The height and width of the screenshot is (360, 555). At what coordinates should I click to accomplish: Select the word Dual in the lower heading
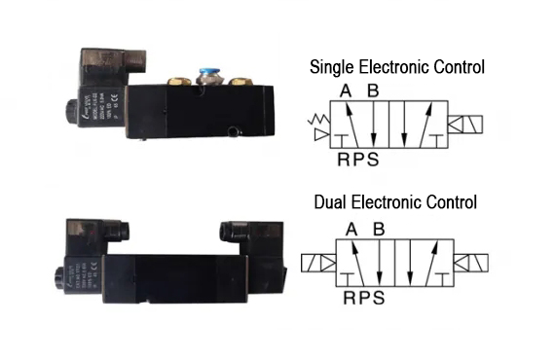click(x=331, y=203)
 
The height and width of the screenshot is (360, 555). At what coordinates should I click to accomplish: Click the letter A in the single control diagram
click(x=345, y=91)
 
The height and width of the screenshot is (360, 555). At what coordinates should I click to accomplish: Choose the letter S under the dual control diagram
click(x=377, y=298)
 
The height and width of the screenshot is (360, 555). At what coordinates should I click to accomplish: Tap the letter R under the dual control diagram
click(x=349, y=298)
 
